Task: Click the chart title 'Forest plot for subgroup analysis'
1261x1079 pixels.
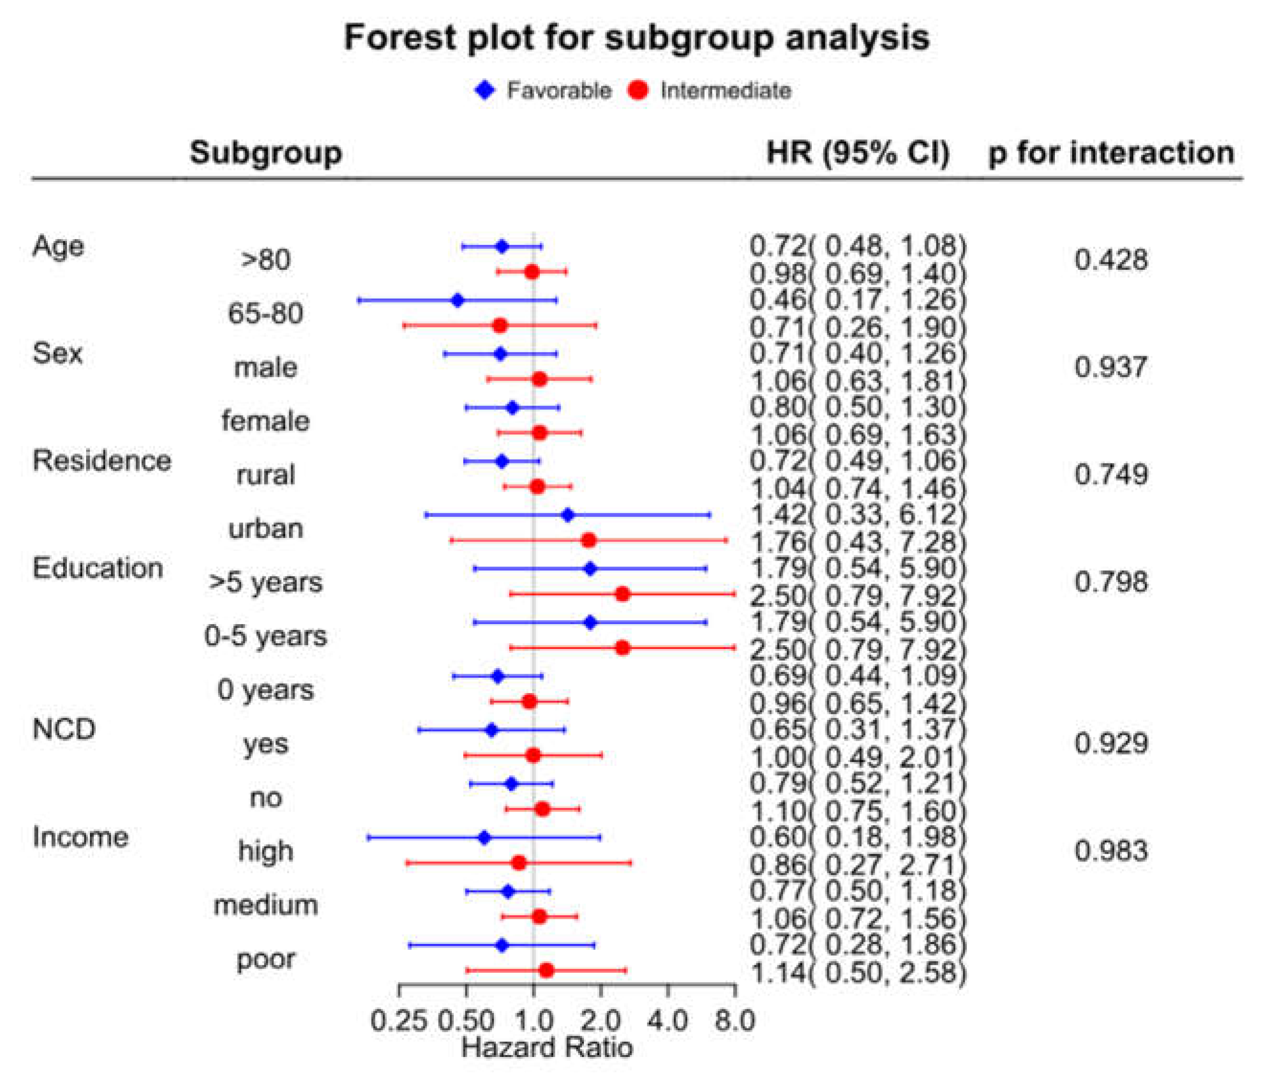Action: pos(636,38)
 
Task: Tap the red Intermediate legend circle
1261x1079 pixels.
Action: pos(638,91)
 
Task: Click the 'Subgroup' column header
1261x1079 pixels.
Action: pos(266,153)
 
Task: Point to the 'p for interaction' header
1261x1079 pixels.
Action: pos(1111,152)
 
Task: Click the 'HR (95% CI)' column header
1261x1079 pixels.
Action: pos(858,152)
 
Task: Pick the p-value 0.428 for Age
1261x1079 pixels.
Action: pos(1111,260)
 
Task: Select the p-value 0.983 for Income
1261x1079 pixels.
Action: pos(1111,850)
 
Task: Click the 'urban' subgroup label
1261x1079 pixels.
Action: pos(266,528)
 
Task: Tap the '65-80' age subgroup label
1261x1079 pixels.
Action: pos(266,313)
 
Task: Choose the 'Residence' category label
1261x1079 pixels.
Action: pos(102,461)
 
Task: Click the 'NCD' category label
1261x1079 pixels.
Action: pos(65,729)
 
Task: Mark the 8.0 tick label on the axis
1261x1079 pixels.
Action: pos(735,1021)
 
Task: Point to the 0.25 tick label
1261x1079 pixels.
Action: pos(399,1021)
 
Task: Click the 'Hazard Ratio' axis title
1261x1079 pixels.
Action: pos(547,1047)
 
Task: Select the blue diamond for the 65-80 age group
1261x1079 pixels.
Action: pos(458,300)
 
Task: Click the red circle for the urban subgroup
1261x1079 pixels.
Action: pos(589,540)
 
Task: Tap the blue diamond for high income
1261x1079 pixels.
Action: pos(484,838)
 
